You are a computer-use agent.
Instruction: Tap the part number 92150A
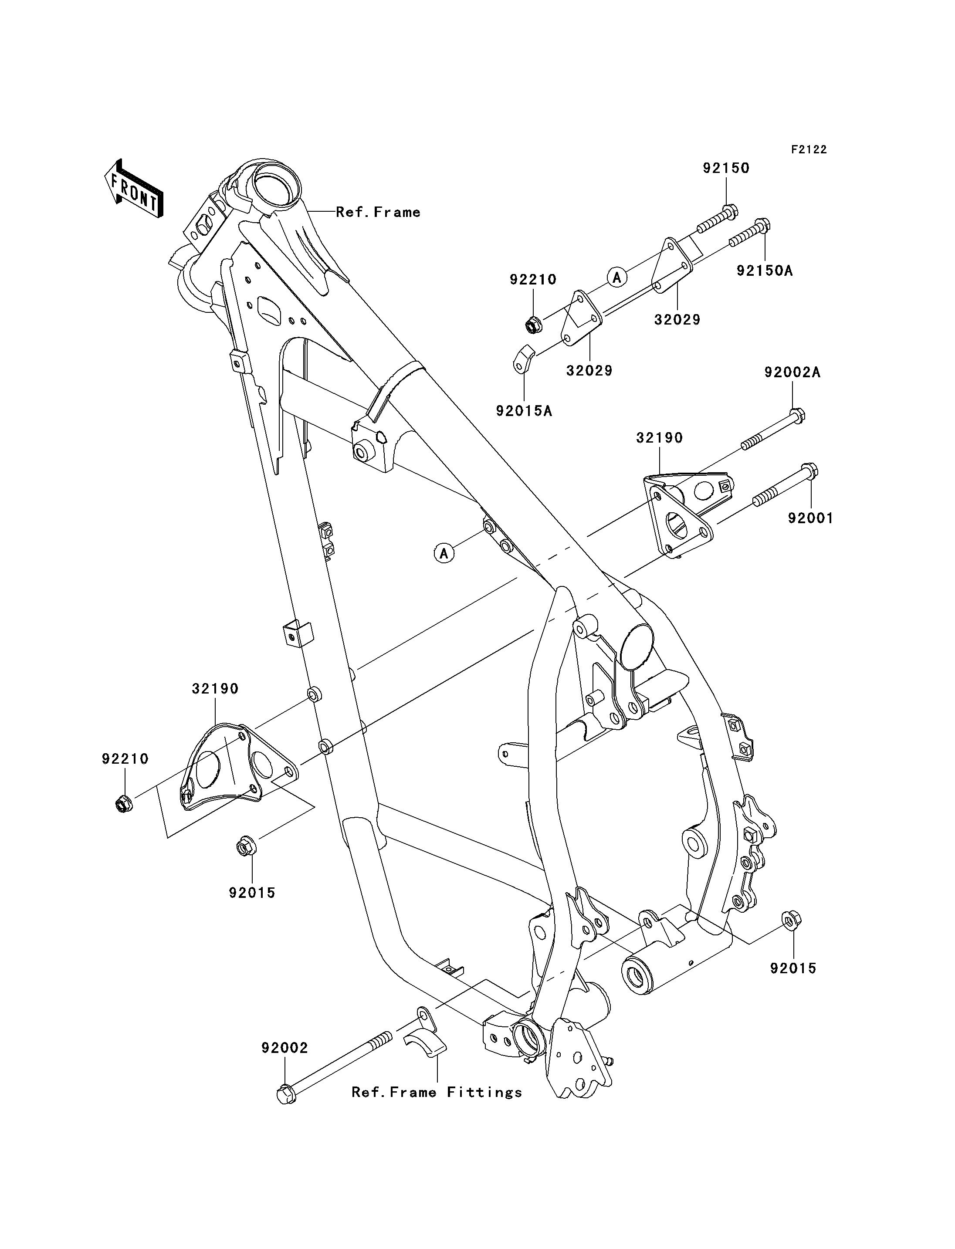pyautogui.click(x=765, y=271)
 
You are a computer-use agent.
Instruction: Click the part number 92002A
pyautogui.click(x=792, y=373)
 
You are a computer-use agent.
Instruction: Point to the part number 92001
pyautogui.click(x=810, y=518)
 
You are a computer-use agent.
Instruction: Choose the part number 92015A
pyautogui.click(x=524, y=410)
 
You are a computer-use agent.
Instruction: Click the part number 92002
pyautogui.click(x=285, y=1048)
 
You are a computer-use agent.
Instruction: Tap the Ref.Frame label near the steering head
pyautogui.click(x=378, y=212)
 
